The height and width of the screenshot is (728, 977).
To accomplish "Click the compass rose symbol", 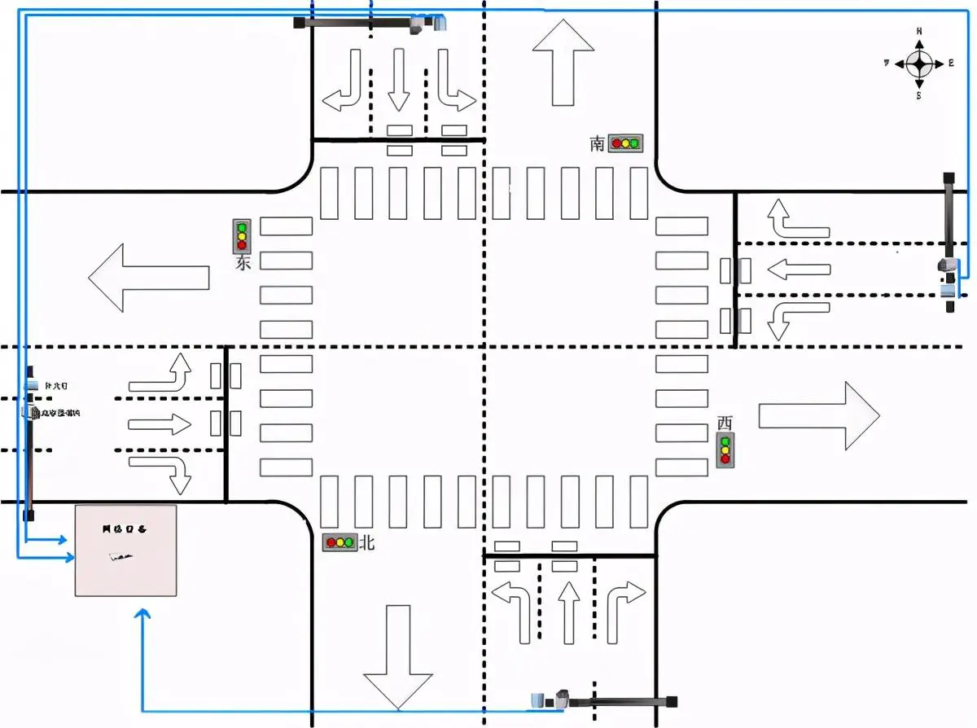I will pos(919,64).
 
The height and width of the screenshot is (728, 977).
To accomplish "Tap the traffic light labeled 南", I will pos(625,143).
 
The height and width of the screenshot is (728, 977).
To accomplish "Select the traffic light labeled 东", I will pos(241,236).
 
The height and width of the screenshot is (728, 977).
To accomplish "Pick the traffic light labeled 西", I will pos(725,450).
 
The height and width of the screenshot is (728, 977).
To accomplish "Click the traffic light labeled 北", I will pos(340,542).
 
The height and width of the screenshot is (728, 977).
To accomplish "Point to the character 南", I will pos(598,144).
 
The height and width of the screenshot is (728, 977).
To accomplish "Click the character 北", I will pos(367,542).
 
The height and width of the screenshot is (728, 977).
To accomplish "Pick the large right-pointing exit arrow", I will pos(819,415).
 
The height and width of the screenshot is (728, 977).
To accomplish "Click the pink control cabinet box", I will pos(125,550).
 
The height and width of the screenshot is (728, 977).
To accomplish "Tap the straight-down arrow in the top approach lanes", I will pos(398,79).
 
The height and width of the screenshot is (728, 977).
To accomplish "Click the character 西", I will pos(725,423).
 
